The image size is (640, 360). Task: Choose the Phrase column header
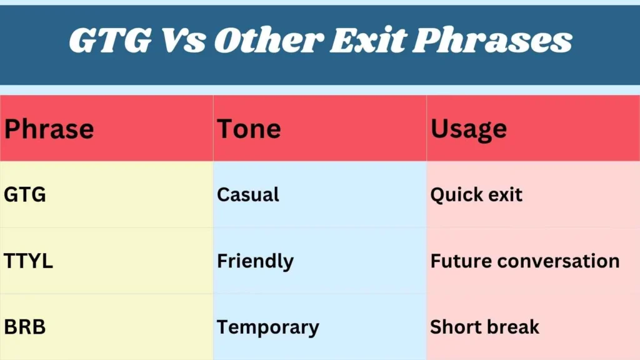(49, 129)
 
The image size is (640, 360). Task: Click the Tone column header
(249, 129)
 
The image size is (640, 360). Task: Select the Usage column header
(469, 129)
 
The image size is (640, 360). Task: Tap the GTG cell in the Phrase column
(25, 195)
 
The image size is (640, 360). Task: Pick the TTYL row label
(28, 261)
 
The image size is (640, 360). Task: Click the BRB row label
(25, 327)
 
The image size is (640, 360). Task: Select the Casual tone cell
(248, 195)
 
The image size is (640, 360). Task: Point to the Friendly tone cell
(255, 261)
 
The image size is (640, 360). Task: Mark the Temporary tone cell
(267, 327)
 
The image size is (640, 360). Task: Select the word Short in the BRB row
(452, 327)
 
